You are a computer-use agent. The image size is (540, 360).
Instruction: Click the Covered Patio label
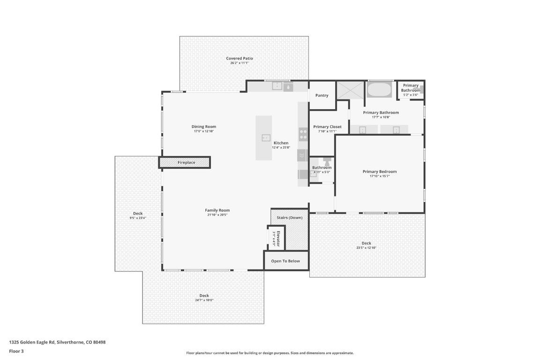(240, 59)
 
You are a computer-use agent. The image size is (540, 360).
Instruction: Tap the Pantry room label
(322, 96)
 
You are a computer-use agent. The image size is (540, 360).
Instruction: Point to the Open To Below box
(285, 261)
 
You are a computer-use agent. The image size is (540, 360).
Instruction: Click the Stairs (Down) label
(290, 218)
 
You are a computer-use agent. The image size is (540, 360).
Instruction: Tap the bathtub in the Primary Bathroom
(379, 89)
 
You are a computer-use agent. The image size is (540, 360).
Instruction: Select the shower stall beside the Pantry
(350, 90)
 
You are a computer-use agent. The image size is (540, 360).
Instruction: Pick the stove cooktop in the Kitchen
(303, 135)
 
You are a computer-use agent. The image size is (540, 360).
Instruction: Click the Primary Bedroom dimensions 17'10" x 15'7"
(379, 176)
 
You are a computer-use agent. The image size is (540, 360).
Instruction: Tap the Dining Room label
(204, 127)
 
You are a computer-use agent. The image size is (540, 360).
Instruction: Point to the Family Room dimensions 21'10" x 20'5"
(217, 215)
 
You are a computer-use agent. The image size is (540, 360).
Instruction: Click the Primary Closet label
(327, 127)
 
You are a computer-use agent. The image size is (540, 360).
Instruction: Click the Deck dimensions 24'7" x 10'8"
(204, 300)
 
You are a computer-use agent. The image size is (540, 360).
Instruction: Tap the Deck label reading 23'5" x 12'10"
(366, 243)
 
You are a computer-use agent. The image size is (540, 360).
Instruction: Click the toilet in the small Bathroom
(327, 161)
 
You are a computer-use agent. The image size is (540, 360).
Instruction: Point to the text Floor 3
(16, 351)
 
